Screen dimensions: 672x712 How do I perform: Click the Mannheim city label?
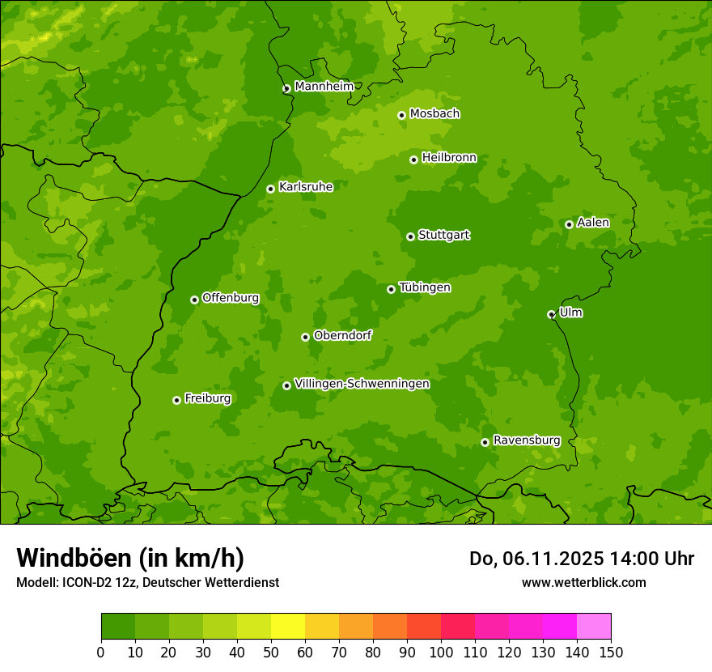click(324, 87)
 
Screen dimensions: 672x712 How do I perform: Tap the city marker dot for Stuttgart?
click(410, 236)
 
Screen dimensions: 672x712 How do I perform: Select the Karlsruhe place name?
click(306, 187)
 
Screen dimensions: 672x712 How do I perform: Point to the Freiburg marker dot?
click(176, 400)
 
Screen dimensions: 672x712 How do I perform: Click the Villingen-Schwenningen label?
click(362, 384)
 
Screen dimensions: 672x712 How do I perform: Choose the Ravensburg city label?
click(527, 440)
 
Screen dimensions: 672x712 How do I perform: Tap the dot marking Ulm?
click(551, 314)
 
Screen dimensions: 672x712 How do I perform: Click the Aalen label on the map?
click(593, 223)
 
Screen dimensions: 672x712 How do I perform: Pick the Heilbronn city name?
click(449, 158)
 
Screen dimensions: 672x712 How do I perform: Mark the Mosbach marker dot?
click(401, 115)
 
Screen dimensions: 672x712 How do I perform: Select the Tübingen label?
click(425, 287)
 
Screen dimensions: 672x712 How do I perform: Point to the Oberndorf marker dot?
click(305, 337)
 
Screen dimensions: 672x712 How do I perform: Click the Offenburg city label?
click(231, 298)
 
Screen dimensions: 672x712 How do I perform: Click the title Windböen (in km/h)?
click(130, 558)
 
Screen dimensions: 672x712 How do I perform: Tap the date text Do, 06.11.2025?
click(535, 559)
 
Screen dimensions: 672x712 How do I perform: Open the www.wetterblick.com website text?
click(583, 582)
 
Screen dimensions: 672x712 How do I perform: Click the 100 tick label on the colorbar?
click(441, 652)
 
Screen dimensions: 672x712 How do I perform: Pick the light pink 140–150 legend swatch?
click(594, 627)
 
